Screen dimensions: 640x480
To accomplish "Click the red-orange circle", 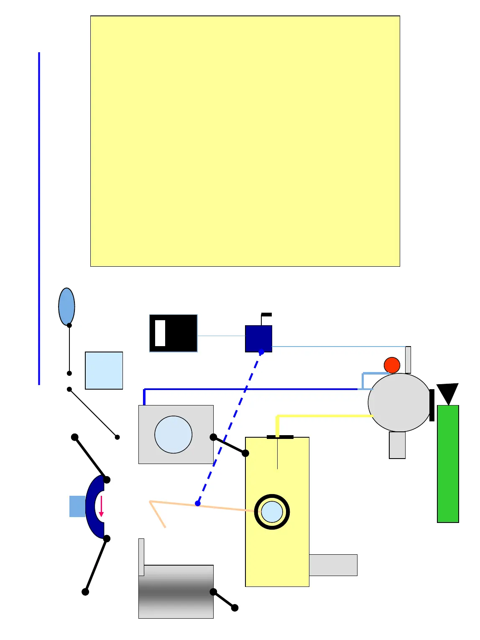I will [x=392, y=365].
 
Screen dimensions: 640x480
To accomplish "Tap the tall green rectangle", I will [x=448, y=464].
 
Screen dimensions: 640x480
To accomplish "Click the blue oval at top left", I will [x=66, y=306].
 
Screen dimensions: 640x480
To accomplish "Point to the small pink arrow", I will [x=101, y=506].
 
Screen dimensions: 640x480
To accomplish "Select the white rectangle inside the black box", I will [x=160, y=333].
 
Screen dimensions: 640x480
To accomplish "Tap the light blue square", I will [x=104, y=370].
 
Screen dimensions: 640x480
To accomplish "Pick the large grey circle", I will [x=399, y=402].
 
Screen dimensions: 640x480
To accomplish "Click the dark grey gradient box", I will [x=176, y=592].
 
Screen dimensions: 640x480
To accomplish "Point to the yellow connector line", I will [x=324, y=416].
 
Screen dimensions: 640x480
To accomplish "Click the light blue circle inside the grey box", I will [x=173, y=434].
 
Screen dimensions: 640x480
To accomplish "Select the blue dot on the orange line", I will [x=198, y=503].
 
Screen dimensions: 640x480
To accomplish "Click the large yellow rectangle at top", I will [x=245, y=141].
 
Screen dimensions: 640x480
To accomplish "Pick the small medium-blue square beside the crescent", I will [x=77, y=506].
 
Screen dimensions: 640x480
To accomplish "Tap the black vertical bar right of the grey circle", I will [x=432, y=405].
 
